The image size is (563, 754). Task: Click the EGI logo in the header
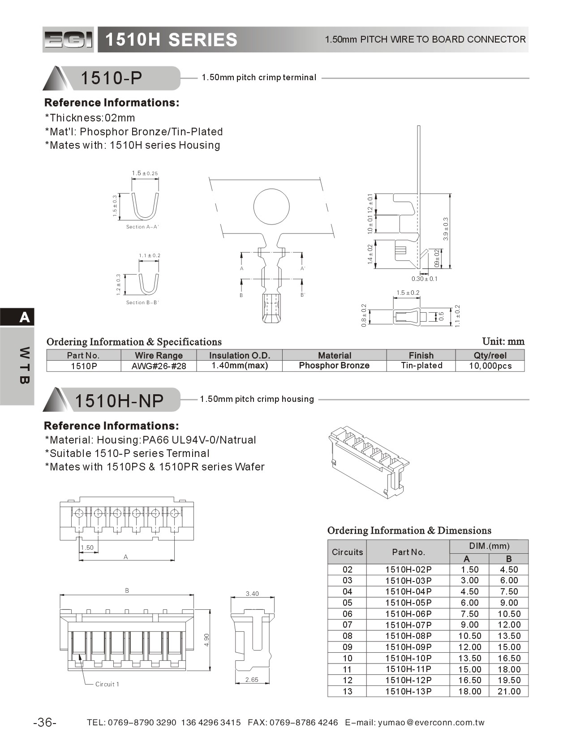[69, 39]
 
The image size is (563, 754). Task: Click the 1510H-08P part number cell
[408, 636]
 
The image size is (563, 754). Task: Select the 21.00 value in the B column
[509, 691]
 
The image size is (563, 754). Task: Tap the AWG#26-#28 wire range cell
[159, 366]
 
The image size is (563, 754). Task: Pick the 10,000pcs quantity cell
[490, 366]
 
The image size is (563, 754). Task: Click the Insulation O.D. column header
[240, 355]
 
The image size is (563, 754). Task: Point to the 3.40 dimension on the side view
[252, 594]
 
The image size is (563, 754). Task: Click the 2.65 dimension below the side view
[252, 680]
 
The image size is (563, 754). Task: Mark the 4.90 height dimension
[206, 639]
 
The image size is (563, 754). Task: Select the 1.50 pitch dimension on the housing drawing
[87, 547]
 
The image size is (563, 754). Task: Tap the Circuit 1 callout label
[107, 684]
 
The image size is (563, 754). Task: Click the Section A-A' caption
[142, 227]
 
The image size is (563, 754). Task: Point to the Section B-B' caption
[142, 302]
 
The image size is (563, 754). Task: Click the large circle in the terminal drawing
[271, 207]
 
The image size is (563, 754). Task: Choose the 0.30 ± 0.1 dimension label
[424, 279]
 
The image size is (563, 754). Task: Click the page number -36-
[45, 722]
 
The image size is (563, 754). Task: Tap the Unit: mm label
[503, 341]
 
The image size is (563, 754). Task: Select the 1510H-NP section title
[119, 400]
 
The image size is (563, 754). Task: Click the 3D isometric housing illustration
[369, 462]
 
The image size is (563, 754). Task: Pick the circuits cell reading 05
[347, 603]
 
